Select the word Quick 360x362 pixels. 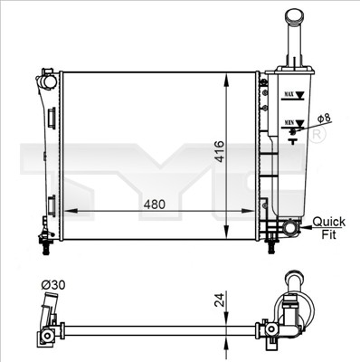pos(328,220)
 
